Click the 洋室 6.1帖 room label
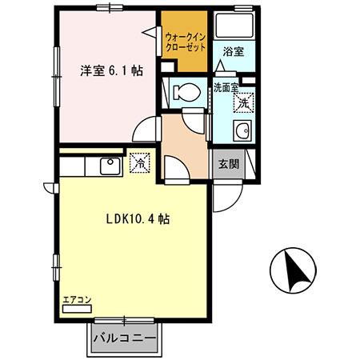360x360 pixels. pyautogui.click(x=111, y=70)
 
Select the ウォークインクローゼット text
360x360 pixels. pyautogui.click(x=185, y=42)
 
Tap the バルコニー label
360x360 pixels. pyautogui.click(x=122, y=338)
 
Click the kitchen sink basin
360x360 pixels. pyautogui.click(x=109, y=166)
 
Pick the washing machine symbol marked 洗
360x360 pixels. pyautogui.click(x=244, y=102)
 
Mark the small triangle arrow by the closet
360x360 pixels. pyautogui.click(x=150, y=32)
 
